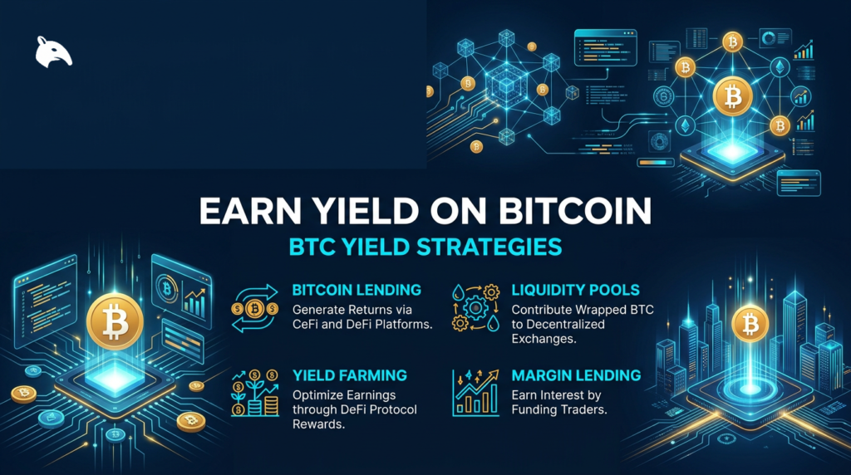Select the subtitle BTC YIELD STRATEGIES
coord(425,247)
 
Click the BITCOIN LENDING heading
coord(357,291)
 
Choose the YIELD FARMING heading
coord(350,375)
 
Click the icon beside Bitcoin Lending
coord(255,308)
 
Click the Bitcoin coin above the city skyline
coord(750,322)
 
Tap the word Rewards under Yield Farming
coord(320,424)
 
